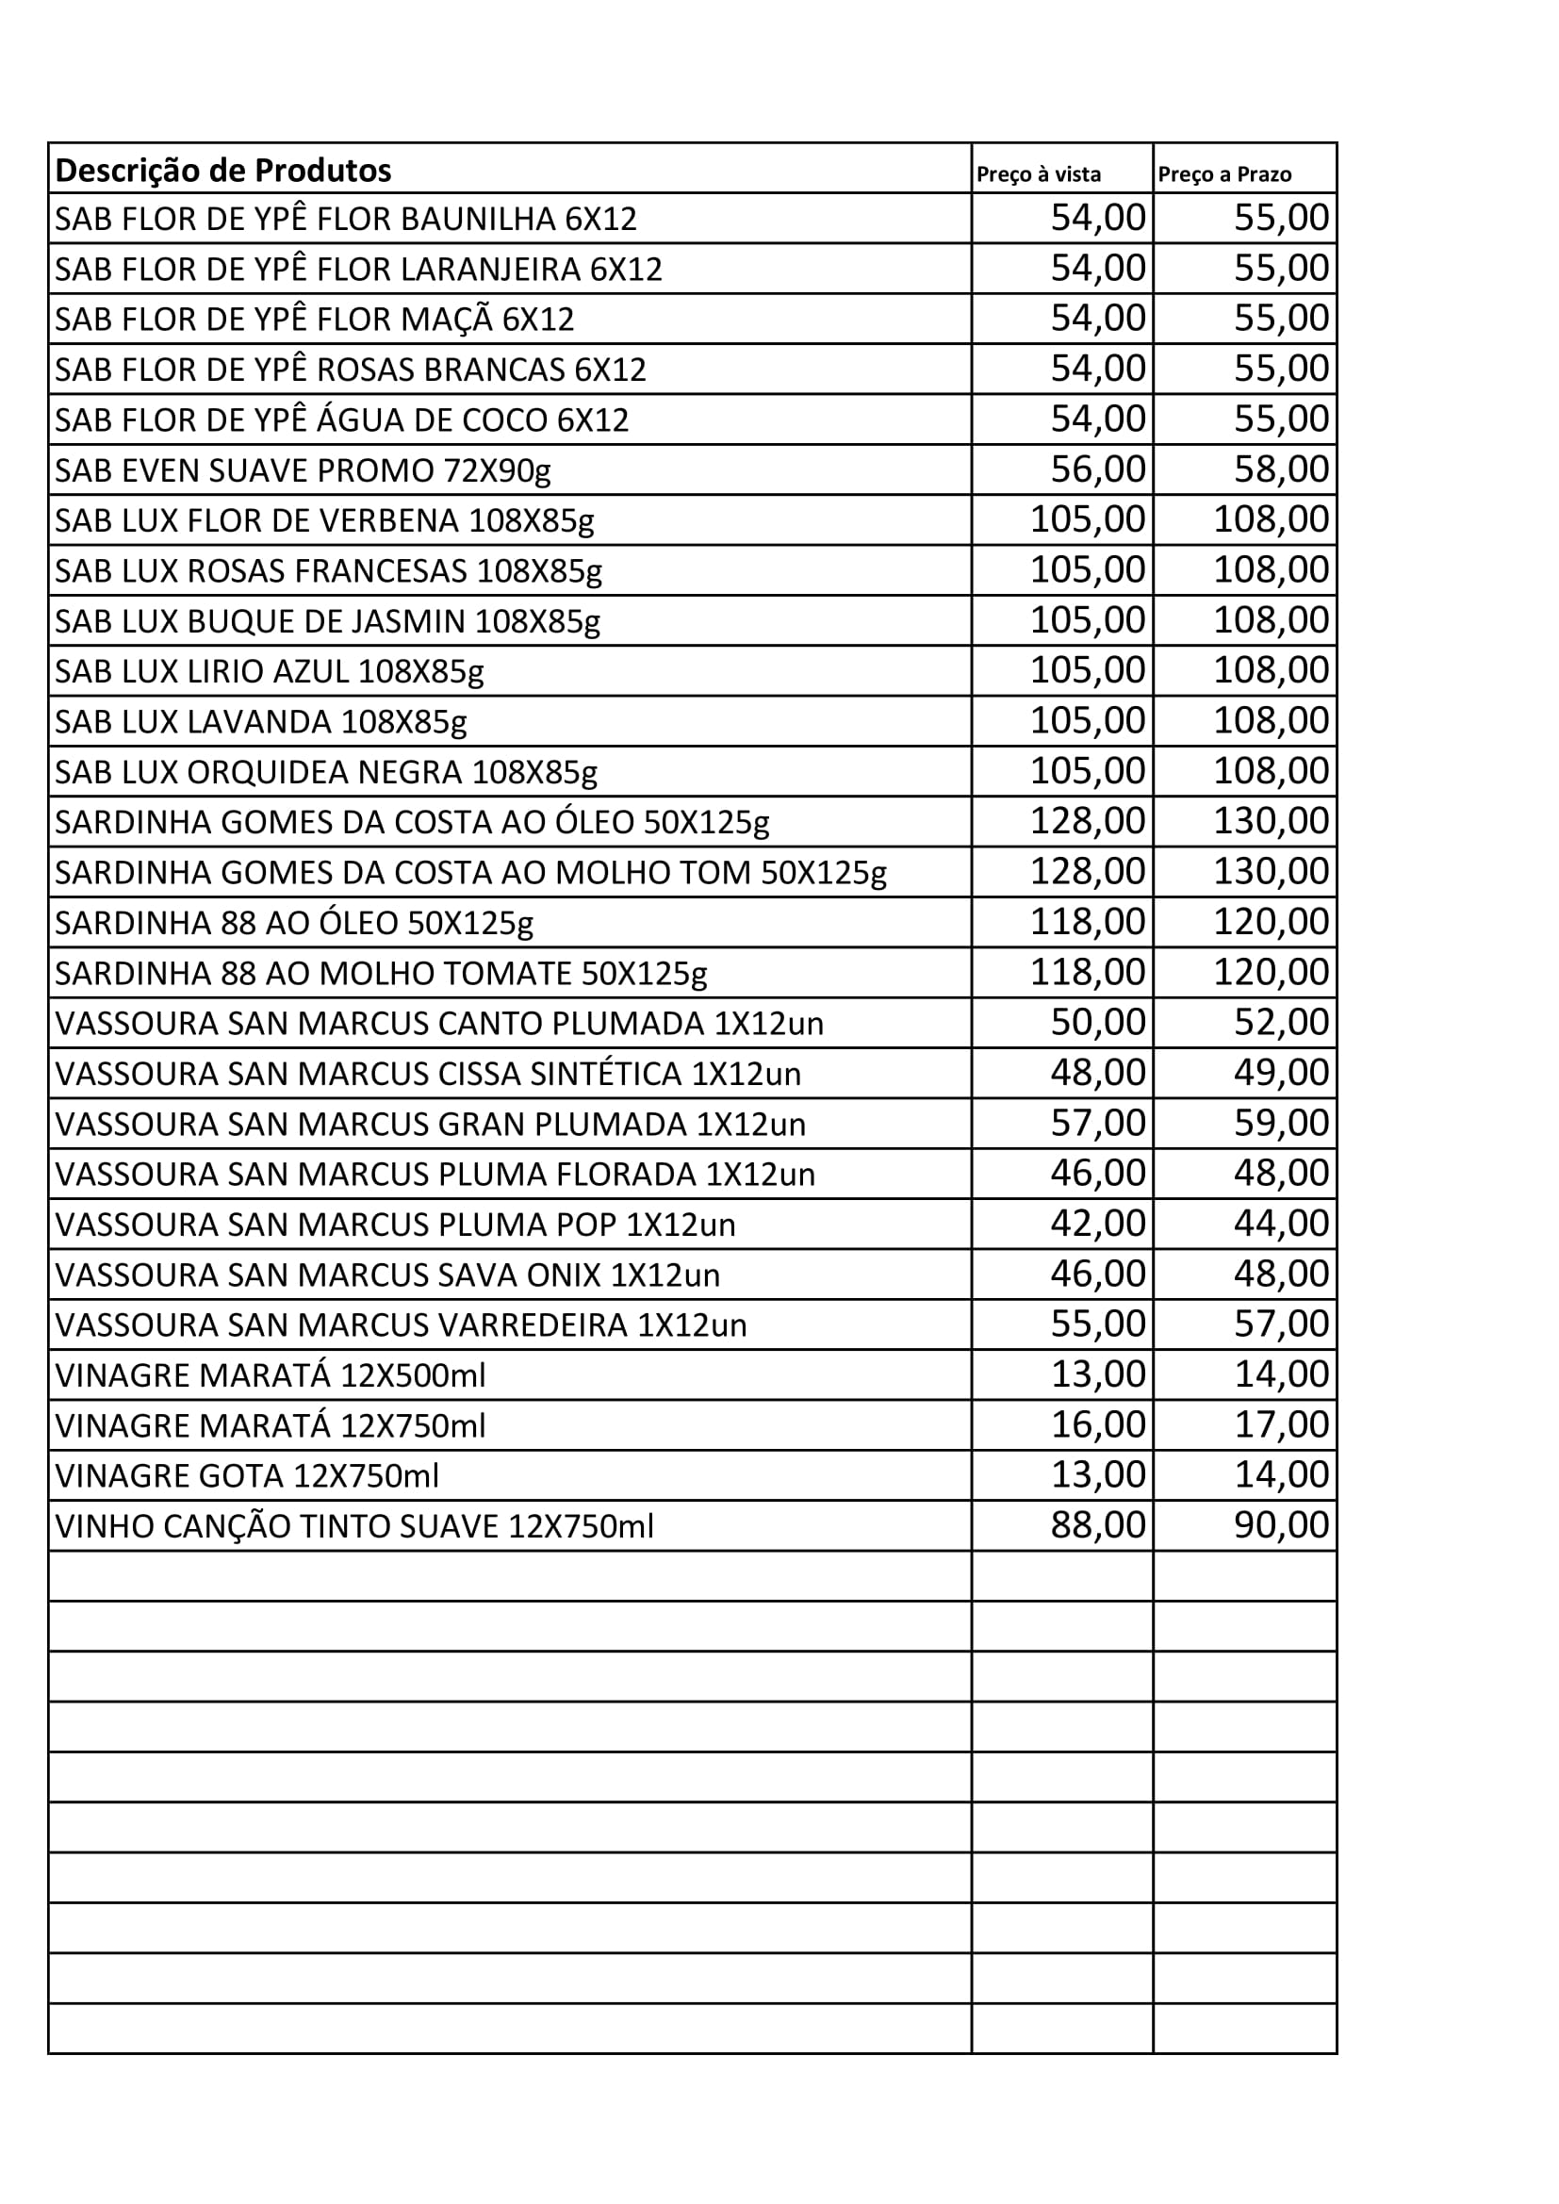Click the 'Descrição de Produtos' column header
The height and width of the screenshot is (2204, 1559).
pos(222,171)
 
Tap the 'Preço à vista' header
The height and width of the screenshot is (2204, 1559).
pos(1038,174)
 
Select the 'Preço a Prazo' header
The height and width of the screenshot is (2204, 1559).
pos(1224,174)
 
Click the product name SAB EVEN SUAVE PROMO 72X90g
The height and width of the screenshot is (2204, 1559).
pos(303,470)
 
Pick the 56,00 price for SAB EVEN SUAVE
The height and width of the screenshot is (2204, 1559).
pos(1097,469)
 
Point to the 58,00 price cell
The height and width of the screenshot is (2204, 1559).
pos(1281,469)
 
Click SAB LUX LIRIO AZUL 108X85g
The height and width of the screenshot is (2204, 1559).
pos(269,671)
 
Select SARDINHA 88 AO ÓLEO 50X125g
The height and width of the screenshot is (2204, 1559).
pos(294,923)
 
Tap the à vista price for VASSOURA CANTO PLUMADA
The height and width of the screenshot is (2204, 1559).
pos(1097,1022)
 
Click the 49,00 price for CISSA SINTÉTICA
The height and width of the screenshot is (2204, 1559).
pos(1281,1072)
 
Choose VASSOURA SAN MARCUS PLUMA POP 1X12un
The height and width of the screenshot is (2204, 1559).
pos(395,1225)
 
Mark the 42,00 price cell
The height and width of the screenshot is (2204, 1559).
pos(1097,1223)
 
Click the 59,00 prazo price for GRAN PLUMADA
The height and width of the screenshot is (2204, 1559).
pos(1281,1122)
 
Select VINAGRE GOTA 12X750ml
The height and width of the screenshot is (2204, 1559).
pos(247,1475)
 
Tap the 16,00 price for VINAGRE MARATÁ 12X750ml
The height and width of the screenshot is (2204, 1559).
pos(1097,1424)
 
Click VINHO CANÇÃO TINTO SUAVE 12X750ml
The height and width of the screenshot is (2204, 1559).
pos(354,1526)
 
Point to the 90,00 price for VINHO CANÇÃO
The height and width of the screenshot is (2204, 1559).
pos(1281,1524)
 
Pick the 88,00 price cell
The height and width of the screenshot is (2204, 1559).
pos(1097,1524)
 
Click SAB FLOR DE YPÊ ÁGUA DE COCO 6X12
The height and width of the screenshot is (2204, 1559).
pos(342,420)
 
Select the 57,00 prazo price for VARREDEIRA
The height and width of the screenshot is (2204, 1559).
pos(1281,1324)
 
